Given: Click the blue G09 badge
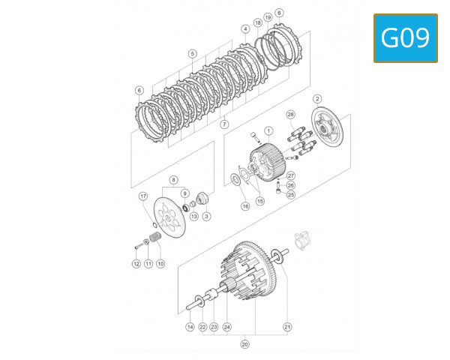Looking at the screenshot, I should click(x=405, y=37).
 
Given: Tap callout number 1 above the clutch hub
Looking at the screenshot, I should click(x=269, y=130).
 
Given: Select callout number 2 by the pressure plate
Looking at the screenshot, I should click(x=317, y=99).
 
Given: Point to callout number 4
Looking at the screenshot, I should click(x=245, y=29).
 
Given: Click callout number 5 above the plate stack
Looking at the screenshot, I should click(x=193, y=54).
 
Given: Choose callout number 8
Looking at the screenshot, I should click(x=173, y=180).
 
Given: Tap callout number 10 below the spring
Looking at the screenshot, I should click(x=160, y=264).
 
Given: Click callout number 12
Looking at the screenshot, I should click(x=136, y=264).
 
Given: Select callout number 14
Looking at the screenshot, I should click(x=190, y=327).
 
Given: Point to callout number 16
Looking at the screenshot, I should click(x=244, y=205).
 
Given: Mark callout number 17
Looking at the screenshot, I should click(x=142, y=196).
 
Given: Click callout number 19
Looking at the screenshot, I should click(x=268, y=17).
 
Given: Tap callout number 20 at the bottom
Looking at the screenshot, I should click(x=244, y=344).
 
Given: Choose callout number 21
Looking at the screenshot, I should click(x=286, y=327).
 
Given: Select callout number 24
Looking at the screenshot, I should click(x=227, y=327).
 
